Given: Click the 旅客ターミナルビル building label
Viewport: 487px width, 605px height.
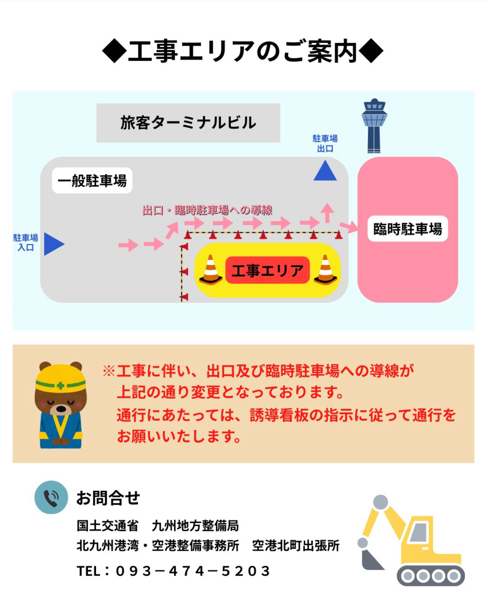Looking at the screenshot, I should [188, 123].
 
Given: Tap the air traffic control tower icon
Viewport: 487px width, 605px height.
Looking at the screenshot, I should [374, 126].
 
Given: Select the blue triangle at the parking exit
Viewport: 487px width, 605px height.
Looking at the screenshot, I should [325, 171].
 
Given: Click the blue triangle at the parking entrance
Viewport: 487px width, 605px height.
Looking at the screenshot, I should [53, 244].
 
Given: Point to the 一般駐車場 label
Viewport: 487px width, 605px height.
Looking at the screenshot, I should [92, 181].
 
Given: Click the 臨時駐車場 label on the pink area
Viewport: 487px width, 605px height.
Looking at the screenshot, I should [407, 229].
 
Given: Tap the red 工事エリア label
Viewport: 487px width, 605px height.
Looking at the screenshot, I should [267, 270].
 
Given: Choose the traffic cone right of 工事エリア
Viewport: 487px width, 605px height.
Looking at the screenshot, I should [326, 270].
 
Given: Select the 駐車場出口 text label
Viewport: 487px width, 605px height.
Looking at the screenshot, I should [325, 143].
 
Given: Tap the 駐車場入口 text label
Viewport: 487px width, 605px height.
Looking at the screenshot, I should [25, 242].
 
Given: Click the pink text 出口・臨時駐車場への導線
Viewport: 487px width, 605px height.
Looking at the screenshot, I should [207, 210].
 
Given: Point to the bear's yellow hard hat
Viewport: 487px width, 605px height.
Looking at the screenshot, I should [61, 378].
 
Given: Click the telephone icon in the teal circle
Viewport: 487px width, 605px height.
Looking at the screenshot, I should [51, 497].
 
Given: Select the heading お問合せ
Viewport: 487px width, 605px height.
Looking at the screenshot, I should [108, 498].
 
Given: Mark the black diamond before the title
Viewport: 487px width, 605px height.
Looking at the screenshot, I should [114, 51].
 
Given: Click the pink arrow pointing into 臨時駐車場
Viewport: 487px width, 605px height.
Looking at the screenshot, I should [348, 226].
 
